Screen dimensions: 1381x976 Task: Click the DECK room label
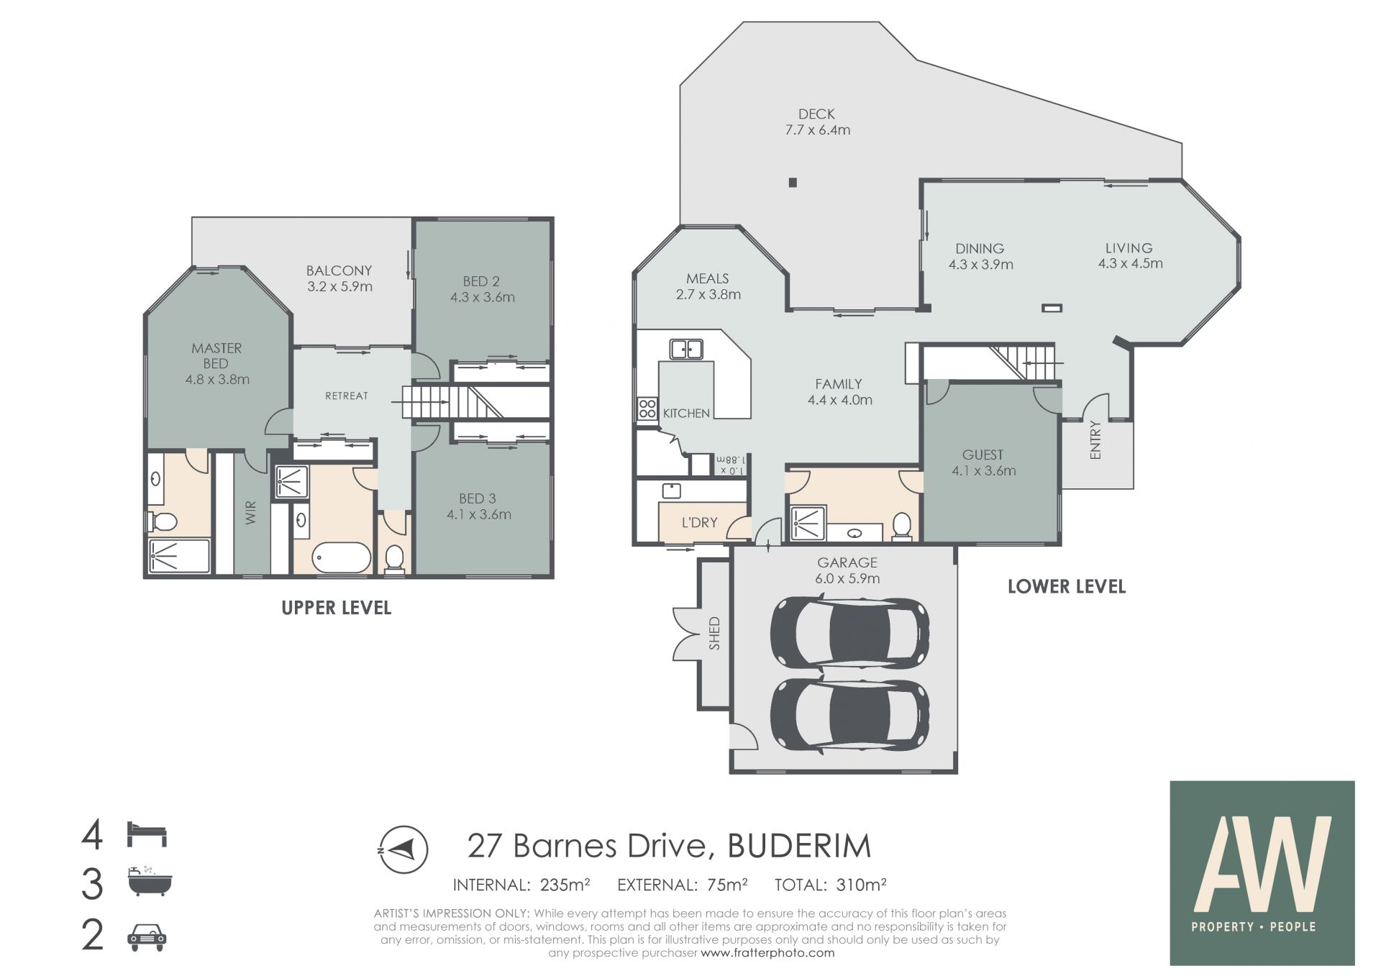coord(816,114)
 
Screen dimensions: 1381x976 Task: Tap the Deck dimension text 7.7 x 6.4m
coord(817,130)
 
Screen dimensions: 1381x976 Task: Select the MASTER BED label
coord(217,355)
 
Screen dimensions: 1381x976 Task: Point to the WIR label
coord(251,513)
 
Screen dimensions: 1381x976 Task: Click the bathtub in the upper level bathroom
coord(342,557)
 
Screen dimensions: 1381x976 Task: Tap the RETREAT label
coord(347,396)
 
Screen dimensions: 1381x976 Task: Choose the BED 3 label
coord(478,498)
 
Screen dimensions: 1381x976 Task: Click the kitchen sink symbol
coord(686,350)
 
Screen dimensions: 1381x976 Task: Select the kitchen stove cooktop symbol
coord(647,409)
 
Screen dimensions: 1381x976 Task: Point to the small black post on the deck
coord(793,183)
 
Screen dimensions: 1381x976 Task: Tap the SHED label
coord(714,634)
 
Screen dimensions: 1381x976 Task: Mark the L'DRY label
coord(699,522)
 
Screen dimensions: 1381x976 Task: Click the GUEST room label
coord(983,455)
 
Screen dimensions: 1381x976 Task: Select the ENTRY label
coord(1095,439)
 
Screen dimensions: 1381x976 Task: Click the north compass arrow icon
coord(404,849)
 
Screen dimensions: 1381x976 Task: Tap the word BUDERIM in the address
coord(799,846)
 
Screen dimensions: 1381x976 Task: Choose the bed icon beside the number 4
coord(147,835)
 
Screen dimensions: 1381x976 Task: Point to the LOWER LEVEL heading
coord(1067,586)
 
